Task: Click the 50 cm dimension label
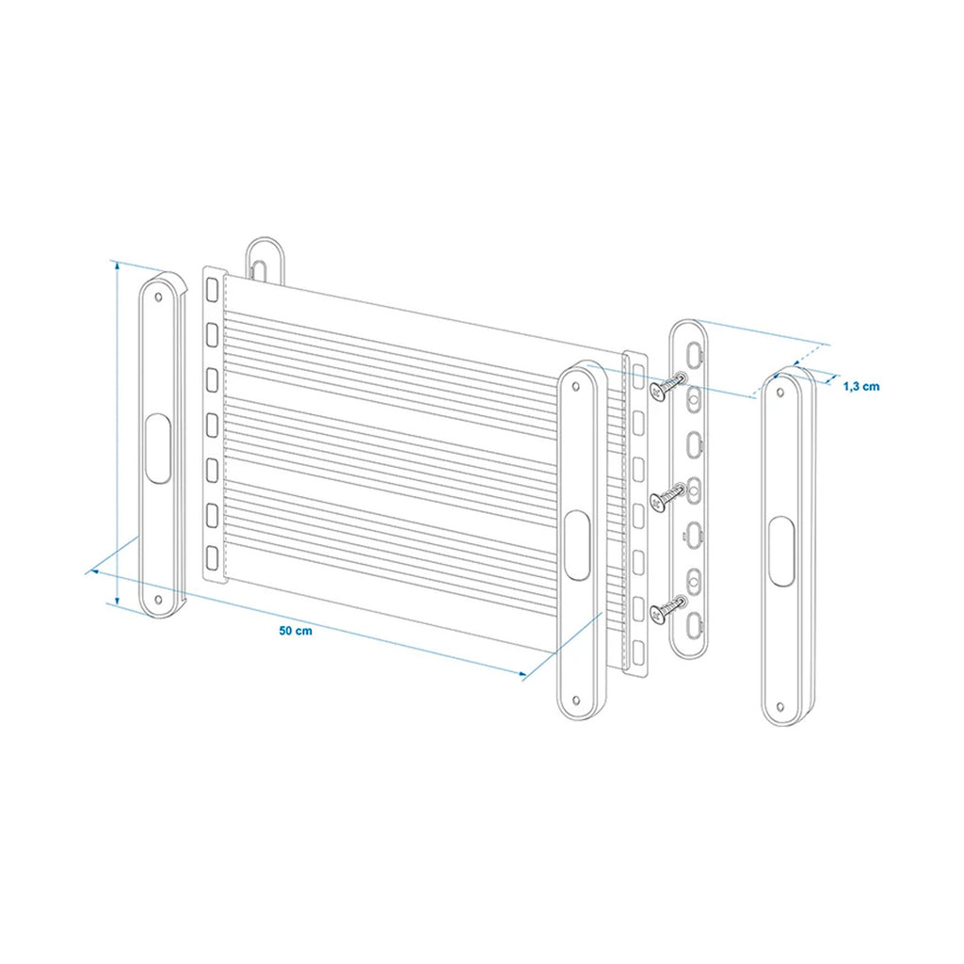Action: click(x=295, y=631)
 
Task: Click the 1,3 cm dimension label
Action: click(x=860, y=386)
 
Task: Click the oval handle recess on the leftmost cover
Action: click(x=158, y=448)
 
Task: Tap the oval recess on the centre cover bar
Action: click(x=577, y=545)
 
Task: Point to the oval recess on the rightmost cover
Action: click(x=781, y=551)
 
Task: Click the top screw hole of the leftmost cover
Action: click(x=158, y=297)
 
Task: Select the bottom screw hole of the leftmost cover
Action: click(x=158, y=599)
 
